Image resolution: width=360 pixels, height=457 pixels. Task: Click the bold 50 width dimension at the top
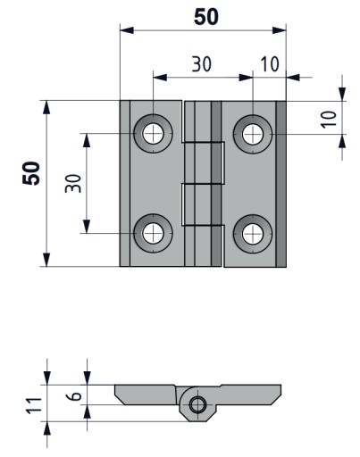[205, 17]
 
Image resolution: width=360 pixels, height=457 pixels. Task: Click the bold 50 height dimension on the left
[31, 173]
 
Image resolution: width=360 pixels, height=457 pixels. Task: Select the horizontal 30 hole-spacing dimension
[202, 64]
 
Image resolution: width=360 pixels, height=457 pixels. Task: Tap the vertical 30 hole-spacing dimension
[73, 183]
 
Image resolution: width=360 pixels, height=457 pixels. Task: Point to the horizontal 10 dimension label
[270, 64]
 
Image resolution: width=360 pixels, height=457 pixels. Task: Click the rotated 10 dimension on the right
[329, 120]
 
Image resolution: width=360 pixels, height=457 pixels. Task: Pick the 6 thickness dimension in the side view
[76, 395]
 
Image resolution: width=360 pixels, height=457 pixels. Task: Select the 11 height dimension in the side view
[34, 404]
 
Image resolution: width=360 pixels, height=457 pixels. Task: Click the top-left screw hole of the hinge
[153, 133]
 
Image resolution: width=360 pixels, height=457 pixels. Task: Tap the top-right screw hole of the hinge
[253, 134]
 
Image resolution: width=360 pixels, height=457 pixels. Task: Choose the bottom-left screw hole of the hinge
[153, 233]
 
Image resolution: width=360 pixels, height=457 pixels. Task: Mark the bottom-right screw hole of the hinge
[253, 234]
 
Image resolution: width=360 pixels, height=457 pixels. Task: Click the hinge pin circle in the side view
[197, 404]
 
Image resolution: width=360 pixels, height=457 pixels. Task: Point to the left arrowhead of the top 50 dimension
[127, 30]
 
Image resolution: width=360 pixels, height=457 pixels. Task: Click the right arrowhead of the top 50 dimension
[280, 30]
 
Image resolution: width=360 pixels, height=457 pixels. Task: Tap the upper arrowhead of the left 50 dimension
[46, 107]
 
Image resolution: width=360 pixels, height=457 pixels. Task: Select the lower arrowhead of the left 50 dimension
[46, 260]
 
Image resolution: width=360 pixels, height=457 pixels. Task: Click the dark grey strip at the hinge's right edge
[280, 184]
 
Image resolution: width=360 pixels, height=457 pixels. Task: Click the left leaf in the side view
[146, 395]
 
